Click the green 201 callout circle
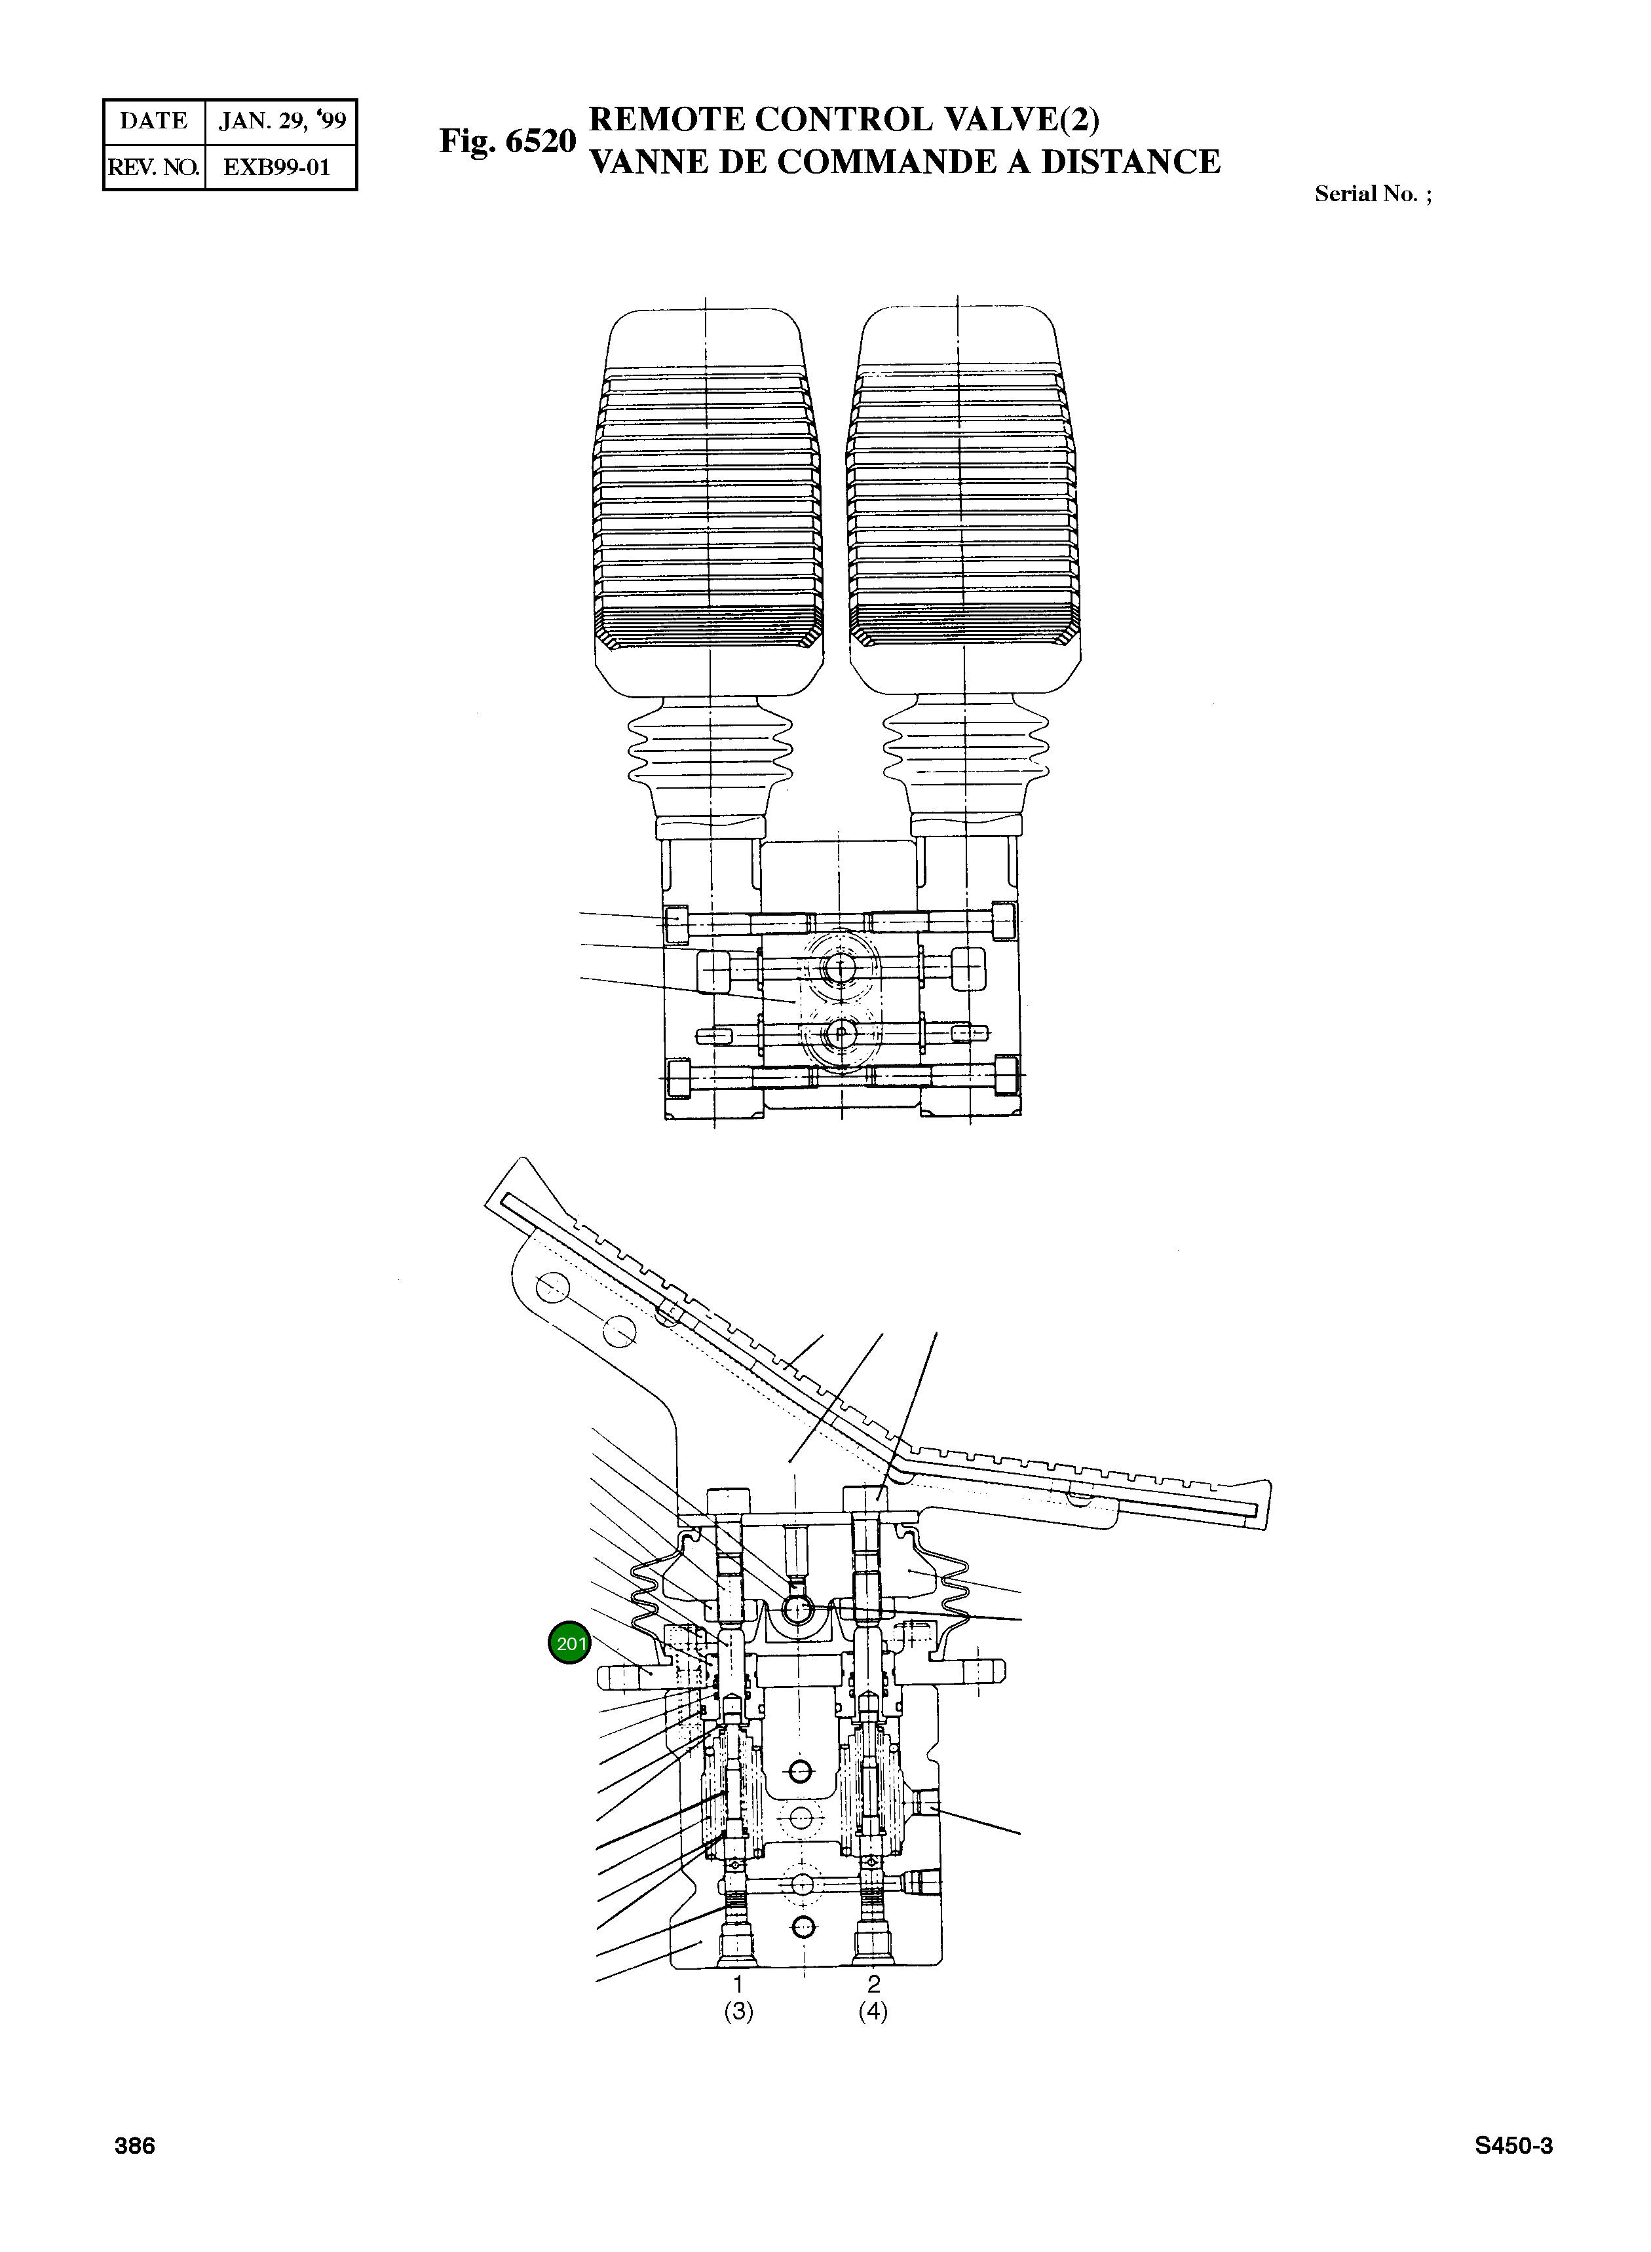point(569,1643)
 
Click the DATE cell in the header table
point(154,122)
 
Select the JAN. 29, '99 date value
point(282,122)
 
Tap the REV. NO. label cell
point(154,167)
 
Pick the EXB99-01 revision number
point(277,167)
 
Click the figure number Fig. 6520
point(508,141)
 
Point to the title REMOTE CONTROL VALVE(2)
point(844,119)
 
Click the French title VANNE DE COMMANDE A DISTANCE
point(905,162)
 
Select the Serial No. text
point(1372,195)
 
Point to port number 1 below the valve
point(738,1983)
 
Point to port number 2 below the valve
point(873,1983)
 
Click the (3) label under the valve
point(738,2011)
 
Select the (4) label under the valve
point(873,2011)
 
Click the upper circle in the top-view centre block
point(839,966)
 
